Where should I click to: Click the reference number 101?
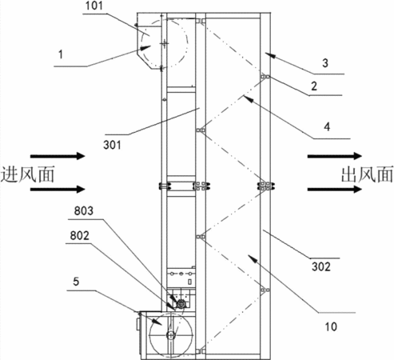coord(94,6)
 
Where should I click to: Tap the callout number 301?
coord(112,145)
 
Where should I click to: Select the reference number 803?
coord(84,210)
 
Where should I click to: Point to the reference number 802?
coord(80,235)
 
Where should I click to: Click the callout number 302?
coord(321,266)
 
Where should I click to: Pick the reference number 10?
coord(331,326)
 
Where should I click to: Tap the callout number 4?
coord(327,126)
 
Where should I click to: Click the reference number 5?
coord(76,282)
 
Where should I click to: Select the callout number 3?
coord(325,63)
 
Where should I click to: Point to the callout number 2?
coord(314,86)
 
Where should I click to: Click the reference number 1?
coord(61,54)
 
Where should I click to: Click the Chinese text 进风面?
coord(27,174)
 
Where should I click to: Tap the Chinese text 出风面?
coord(367,174)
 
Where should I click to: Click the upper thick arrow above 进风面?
coord(58,156)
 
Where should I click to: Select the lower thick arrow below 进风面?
coord(58,189)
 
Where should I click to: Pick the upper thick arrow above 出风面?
coord(335,156)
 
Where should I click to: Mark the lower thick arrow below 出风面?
coord(335,189)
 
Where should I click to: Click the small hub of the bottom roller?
coord(170,334)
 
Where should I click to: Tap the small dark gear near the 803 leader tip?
coord(181,303)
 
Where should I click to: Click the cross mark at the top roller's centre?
coord(165,43)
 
